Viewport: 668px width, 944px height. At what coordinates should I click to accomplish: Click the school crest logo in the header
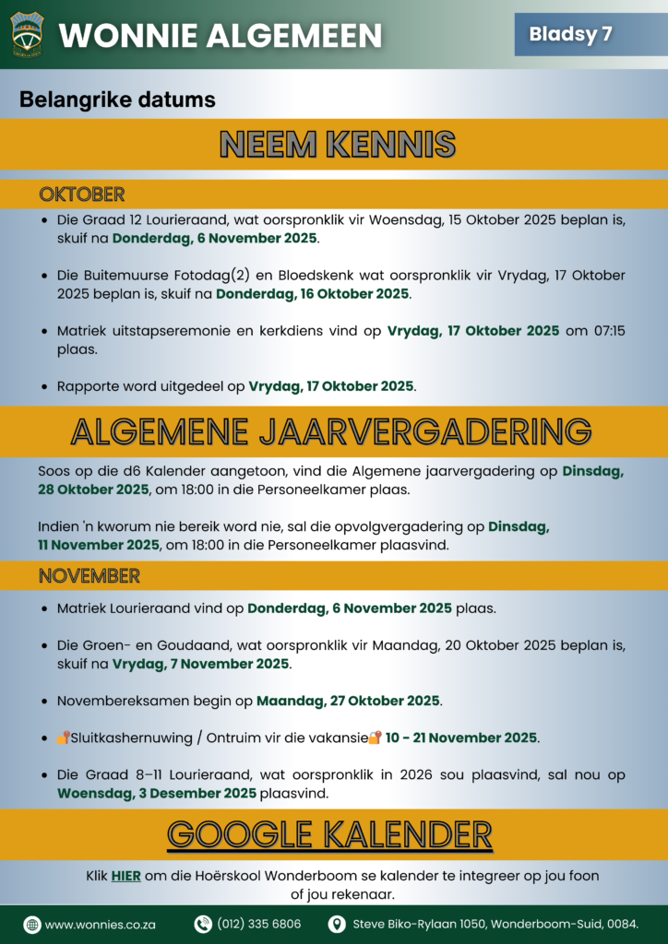click(x=26, y=34)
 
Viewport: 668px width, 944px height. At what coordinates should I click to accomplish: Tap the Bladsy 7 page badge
click(x=570, y=35)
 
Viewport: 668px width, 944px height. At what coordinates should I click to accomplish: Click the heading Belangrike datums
click(x=117, y=100)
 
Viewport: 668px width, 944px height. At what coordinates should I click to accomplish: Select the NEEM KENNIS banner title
click(x=338, y=144)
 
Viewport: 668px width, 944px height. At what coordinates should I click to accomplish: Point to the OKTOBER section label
click(x=81, y=195)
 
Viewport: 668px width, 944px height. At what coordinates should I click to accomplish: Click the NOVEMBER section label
click(x=89, y=576)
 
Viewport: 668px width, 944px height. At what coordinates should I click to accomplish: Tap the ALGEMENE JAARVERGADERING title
click(x=331, y=431)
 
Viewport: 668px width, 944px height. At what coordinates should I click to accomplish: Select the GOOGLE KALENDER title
click(x=329, y=834)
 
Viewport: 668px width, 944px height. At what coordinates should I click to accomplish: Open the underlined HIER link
click(x=125, y=876)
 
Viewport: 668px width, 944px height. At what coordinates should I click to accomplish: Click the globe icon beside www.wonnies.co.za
click(x=32, y=925)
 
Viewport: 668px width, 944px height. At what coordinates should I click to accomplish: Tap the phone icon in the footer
click(x=203, y=925)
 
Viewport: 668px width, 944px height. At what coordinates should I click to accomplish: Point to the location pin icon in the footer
click(x=339, y=925)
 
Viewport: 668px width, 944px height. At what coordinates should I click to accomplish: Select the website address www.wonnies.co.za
click(x=100, y=925)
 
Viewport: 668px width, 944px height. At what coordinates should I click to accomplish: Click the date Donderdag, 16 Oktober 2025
click(x=313, y=294)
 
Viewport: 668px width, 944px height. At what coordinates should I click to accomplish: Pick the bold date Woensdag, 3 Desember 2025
click(x=157, y=793)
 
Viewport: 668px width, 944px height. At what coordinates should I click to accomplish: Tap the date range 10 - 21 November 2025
click(x=461, y=737)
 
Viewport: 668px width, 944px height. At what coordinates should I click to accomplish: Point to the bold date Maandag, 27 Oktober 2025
click(x=349, y=702)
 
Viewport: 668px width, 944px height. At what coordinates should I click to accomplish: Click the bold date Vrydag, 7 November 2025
click(x=201, y=664)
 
